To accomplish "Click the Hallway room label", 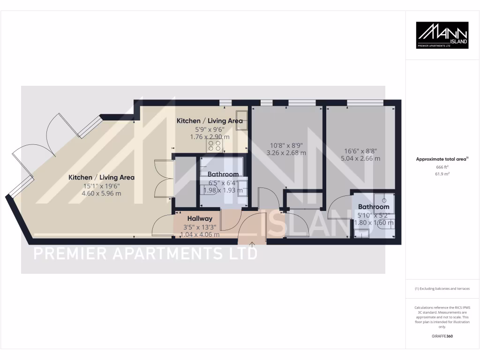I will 200,218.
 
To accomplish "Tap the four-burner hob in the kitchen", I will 215,146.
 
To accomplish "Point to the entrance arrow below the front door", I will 252,244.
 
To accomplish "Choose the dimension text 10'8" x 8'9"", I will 286,146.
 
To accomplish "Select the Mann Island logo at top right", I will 442,35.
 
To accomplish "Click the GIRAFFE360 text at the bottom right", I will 442,336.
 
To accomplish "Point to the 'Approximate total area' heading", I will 442,159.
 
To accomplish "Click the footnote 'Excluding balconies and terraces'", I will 442,289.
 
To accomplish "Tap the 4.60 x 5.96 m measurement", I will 102,193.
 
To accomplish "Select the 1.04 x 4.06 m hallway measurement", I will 200,235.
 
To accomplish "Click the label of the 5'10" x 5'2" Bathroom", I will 374,207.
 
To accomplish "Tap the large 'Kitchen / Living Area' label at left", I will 102,178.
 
